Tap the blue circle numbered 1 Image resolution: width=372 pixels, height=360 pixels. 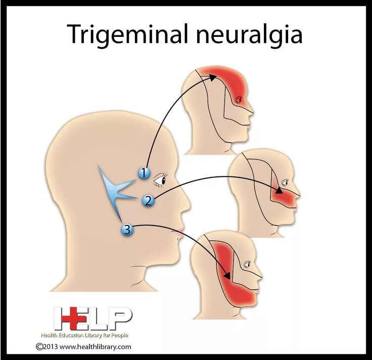pyautogui.click(x=145, y=173)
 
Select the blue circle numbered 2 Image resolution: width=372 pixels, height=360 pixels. pyautogui.click(x=148, y=201)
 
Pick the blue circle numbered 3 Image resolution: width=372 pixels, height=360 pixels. pyautogui.click(x=127, y=231)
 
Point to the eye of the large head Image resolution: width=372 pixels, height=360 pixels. pyautogui.click(x=160, y=179)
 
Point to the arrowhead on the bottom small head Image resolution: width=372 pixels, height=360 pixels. pyautogui.click(x=227, y=276)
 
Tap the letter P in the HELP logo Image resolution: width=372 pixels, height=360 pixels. pyautogui.click(x=122, y=318)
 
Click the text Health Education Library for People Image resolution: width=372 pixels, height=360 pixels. pyautogui.click(x=84, y=335)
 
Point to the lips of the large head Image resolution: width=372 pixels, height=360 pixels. pyautogui.click(x=177, y=234)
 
